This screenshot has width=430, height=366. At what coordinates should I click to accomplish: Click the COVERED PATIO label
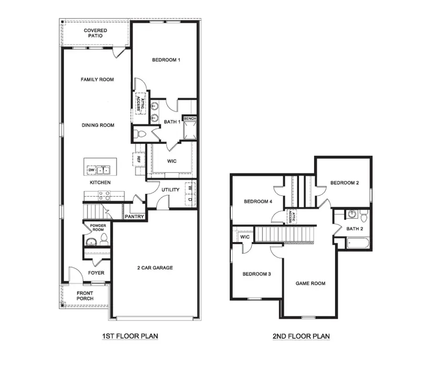click(x=96, y=33)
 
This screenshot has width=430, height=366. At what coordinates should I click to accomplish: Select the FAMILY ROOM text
click(x=97, y=79)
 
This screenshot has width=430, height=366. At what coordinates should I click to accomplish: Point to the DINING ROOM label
click(x=97, y=125)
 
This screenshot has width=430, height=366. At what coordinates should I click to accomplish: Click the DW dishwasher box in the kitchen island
click(x=91, y=170)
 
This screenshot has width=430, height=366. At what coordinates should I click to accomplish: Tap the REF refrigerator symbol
click(x=138, y=159)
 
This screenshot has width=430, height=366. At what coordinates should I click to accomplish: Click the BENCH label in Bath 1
click(x=190, y=118)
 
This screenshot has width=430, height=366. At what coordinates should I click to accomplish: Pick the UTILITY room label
click(x=170, y=190)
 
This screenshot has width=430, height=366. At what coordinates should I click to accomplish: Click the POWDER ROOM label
click(x=97, y=227)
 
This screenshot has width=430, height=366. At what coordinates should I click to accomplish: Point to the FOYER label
click(x=96, y=273)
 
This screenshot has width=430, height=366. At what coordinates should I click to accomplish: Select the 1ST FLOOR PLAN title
click(x=130, y=336)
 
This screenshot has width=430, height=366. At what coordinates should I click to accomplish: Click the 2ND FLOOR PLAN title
click(x=301, y=336)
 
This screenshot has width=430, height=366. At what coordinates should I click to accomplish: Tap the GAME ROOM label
click(x=310, y=283)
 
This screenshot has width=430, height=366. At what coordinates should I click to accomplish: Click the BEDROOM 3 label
click(x=257, y=274)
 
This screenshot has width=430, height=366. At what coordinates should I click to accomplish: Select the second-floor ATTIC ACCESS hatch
click(x=291, y=216)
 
